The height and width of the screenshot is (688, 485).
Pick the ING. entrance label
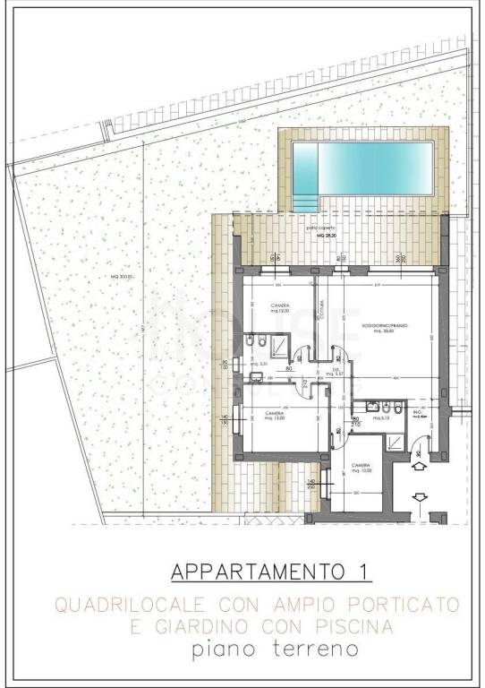click(x=417, y=415)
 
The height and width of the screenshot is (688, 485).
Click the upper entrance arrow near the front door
click(x=419, y=463)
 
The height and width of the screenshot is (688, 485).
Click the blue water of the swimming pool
click(x=376, y=168)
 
